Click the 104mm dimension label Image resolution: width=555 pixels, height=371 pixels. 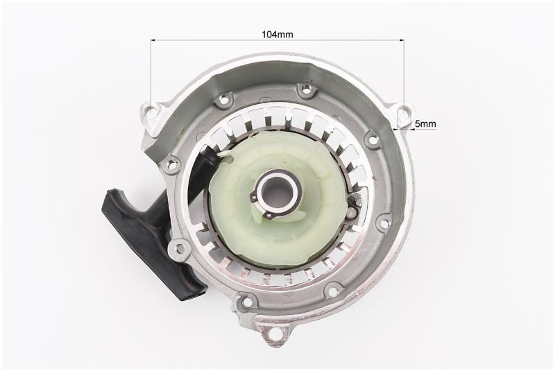click(x=277, y=34)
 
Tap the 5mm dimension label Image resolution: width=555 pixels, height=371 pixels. click(x=425, y=124)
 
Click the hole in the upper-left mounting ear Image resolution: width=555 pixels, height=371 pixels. click(x=153, y=112)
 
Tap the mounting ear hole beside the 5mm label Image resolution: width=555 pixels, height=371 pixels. click(x=402, y=112)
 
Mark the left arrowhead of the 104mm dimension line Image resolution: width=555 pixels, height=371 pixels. click(x=153, y=40)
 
